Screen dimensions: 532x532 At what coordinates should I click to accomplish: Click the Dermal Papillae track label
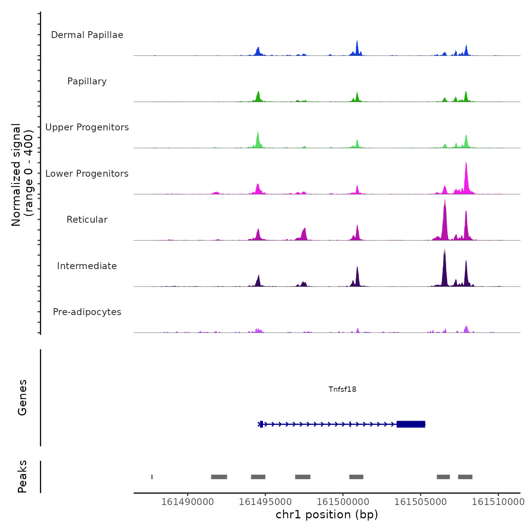[87, 35]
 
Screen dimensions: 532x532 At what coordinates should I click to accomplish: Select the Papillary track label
[87, 81]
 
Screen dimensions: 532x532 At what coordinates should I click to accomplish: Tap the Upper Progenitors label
[87, 127]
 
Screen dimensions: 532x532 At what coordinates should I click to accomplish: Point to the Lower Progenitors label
[87, 174]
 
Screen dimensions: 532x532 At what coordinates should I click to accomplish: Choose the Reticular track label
[87, 220]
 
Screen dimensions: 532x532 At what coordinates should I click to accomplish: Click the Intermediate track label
[87, 266]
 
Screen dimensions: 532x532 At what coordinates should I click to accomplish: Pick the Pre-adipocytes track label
[87, 312]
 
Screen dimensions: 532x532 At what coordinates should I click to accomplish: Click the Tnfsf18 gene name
[342, 389]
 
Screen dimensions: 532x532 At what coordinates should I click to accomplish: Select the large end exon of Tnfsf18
[411, 424]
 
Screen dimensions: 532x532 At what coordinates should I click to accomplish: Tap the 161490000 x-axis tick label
[187, 502]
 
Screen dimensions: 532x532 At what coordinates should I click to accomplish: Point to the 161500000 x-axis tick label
[343, 502]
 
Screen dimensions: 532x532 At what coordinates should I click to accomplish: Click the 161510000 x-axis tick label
[498, 502]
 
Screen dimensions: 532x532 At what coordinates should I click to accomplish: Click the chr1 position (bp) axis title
[327, 515]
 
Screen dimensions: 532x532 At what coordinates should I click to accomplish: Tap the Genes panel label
[22, 397]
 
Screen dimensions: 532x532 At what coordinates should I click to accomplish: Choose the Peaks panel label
[22, 477]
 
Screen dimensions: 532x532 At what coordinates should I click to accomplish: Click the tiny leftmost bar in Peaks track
[152, 477]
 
